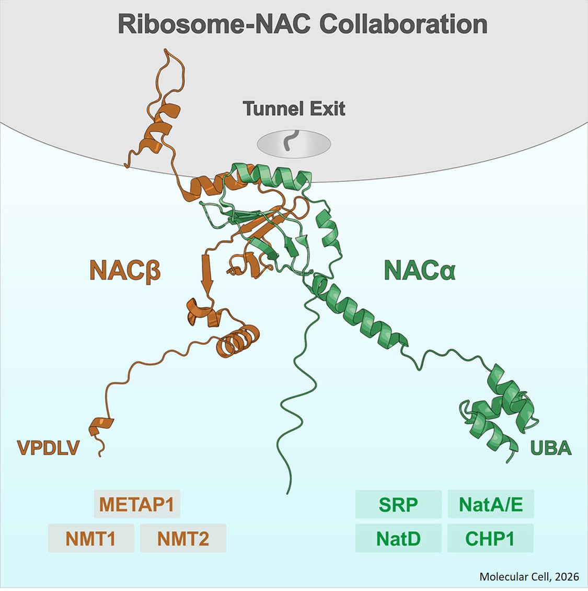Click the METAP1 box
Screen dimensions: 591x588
[x=137, y=504]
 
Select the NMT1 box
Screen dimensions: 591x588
[x=90, y=538]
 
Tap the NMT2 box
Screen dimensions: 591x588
[x=183, y=538]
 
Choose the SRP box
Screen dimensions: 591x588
[x=398, y=504]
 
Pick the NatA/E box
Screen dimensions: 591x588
[x=490, y=504]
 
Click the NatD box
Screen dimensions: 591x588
[x=398, y=538]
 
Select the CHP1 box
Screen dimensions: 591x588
[x=490, y=538]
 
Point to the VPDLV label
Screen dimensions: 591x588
[x=48, y=448]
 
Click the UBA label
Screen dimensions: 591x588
[x=551, y=448]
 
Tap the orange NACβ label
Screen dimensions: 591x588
[x=124, y=271]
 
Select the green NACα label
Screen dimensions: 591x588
[x=420, y=271]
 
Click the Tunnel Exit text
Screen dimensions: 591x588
[x=294, y=109]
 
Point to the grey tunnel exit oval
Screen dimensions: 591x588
[x=294, y=144]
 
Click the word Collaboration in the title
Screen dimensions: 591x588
[x=403, y=24]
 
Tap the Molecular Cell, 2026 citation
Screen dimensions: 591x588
[x=529, y=576]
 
